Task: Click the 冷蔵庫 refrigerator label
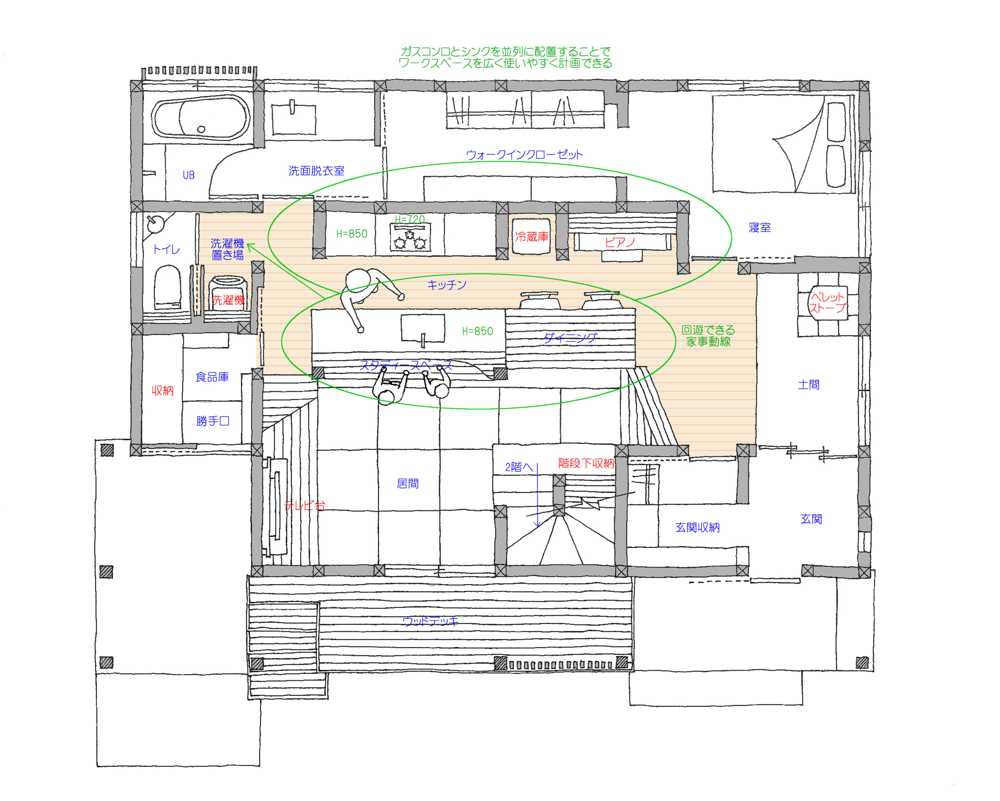click(532, 237)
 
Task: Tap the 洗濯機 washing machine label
click(228, 300)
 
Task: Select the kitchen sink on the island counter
click(423, 329)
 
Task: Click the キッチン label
click(446, 285)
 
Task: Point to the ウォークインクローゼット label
click(525, 155)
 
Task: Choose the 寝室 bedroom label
click(760, 228)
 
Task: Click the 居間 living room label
click(408, 484)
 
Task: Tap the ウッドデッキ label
click(430, 621)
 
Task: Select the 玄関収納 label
click(698, 527)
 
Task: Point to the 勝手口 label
click(213, 421)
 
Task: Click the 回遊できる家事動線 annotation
click(708, 336)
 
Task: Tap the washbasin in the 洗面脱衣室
click(294, 119)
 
